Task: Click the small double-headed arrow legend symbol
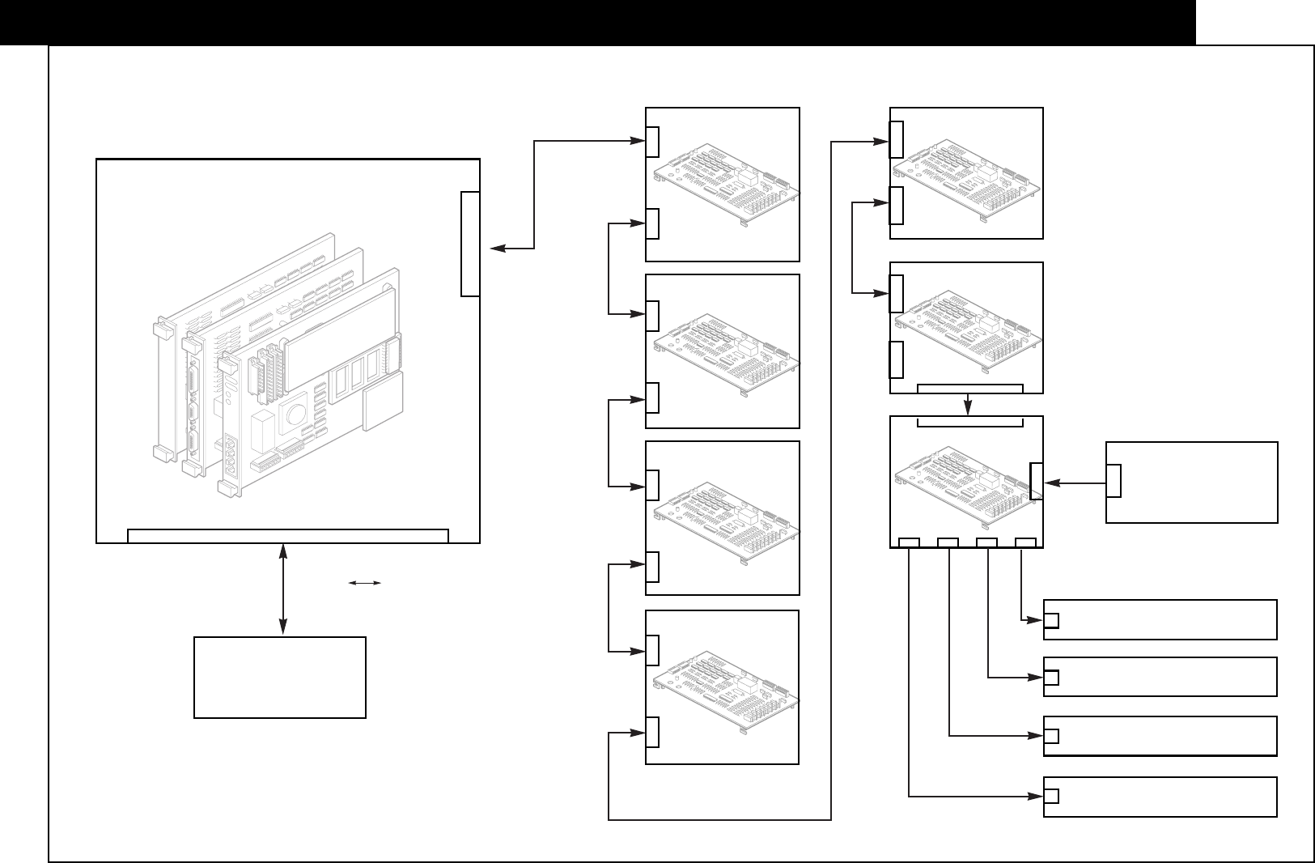tap(365, 582)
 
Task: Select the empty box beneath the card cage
tap(280, 677)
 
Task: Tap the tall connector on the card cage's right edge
tap(470, 244)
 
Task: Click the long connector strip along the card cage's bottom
tap(288, 535)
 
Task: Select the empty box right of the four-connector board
tap(1191, 482)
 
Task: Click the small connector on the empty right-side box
tap(1114, 481)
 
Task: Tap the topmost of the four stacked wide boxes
tap(1160, 619)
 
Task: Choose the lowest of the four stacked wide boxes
tap(1160, 797)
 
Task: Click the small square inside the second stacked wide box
tap(1051, 678)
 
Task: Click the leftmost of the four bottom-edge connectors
tap(910, 542)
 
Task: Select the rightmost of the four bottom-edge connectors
tap(1025, 542)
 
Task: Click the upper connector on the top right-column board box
tap(896, 139)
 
